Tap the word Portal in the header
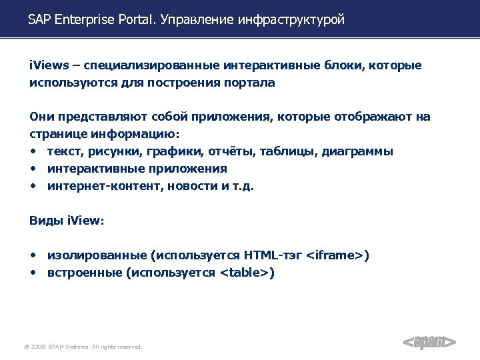(135, 20)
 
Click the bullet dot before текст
(33, 151)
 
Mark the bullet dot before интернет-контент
(33, 186)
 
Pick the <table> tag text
(244, 273)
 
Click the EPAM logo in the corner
(429, 343)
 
